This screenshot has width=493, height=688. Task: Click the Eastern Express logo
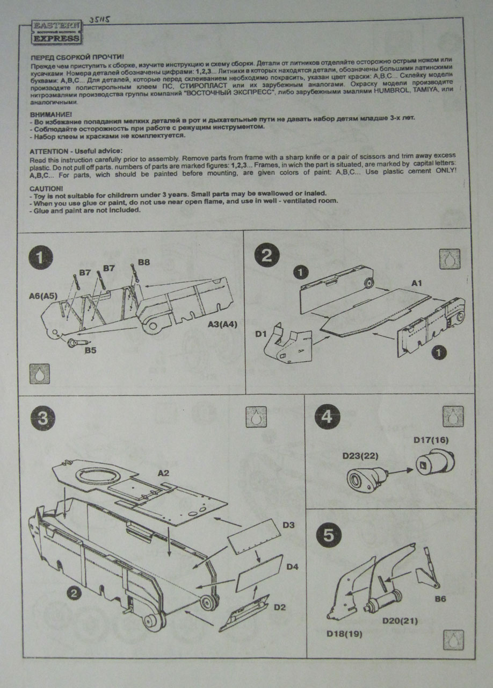55,32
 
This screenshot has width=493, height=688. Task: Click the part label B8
144,262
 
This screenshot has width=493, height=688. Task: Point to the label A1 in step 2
417,283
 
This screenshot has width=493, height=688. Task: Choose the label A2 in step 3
164,473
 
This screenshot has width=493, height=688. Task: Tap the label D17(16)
431,440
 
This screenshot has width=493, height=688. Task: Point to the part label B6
440,598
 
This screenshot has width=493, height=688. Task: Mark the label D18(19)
344,634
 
